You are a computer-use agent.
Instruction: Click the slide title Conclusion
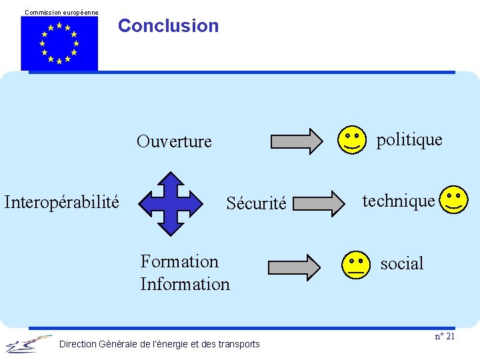click(168, 26)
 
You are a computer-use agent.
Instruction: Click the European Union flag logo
click(59, 43)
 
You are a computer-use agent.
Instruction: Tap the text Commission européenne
click(61, 12)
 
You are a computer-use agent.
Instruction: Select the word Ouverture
click(174, 141)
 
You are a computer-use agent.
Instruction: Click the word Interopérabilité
click(62, 201)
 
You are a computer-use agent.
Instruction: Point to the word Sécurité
click(256, 203)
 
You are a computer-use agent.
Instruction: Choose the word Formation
click(179, 261)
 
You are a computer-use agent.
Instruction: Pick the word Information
click(185, 284)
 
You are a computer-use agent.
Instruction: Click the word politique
click(409, 139)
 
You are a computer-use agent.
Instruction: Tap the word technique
click(398, 200)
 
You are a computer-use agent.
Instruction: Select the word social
click(402, 264)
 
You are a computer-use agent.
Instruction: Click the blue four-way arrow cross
click(173, 203)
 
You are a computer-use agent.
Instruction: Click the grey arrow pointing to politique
click(295, 141)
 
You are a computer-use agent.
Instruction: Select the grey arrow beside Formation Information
click(294, 267)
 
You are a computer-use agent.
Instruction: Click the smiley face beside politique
click(352, 139)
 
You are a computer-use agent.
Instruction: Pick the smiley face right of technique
click(455, 200)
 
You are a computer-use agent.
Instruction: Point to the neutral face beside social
click(355, 265)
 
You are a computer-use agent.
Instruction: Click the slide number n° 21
click(445, 336)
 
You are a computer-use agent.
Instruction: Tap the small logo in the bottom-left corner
click(27, 344)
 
